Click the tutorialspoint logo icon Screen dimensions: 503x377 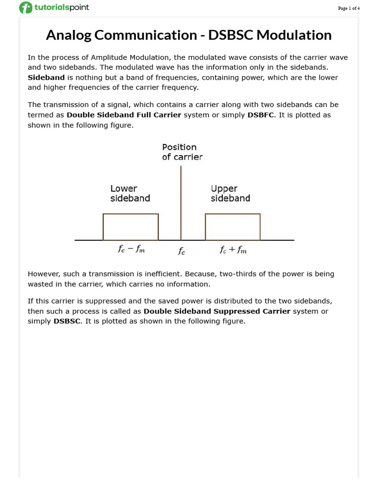click(x=26, y=8)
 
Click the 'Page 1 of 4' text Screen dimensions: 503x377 click(x=349, y=8)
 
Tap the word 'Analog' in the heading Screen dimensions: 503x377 click(x=69, y=35)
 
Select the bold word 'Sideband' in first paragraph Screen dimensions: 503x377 click(x=46, y=78)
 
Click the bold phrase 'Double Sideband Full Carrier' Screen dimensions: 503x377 click(x=124, y=115)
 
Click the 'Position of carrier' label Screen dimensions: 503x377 click(x=182, y=152)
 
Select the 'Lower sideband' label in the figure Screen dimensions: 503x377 click(x=130, y=194)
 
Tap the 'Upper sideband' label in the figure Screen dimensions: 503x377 click(x=230, y=194)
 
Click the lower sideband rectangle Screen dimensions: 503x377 click(x=131, y=227)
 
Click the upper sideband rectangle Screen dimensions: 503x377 click(x=233, y=227)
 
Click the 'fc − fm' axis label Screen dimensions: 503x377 click(x=131, y=250)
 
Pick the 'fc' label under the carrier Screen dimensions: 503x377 click(x=182, y=251)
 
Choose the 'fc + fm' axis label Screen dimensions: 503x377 click(x=233, y=250)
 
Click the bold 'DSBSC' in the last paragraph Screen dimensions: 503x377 click(x=67, y=322)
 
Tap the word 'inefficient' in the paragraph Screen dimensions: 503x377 click(x=161, y=274)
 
